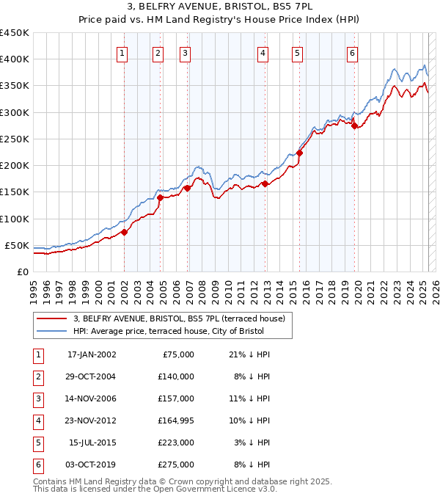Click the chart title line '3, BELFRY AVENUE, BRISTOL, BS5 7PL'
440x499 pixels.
tap(219, 9)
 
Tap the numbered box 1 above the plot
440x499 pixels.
tap(122, 53)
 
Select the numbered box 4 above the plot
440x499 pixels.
tap(263, 53)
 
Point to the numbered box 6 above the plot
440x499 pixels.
tap(353, 53)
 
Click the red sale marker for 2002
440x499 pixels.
tap(125, 232)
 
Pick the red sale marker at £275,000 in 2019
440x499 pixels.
tap(354, 126)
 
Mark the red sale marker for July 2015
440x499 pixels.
tap(299, 153)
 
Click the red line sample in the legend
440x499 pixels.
tap(51, 318)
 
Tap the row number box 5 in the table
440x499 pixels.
tap(37, 443)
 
